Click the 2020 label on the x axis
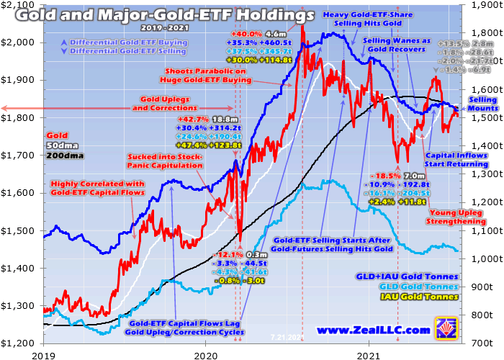pos(206,354)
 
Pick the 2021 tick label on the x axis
pos(369,354)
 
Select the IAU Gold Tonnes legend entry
pos(418,297)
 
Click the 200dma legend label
pos(61,156)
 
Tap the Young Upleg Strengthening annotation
pos(457,217)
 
